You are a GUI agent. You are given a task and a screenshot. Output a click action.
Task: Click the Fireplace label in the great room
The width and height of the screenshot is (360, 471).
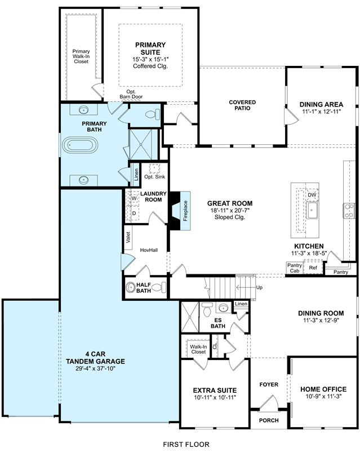tap(185, 211)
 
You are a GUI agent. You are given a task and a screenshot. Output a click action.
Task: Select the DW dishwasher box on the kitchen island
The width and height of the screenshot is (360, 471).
tap(312, 195)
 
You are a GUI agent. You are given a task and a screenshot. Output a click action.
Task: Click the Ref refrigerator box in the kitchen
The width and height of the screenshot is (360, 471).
tap(313, 268)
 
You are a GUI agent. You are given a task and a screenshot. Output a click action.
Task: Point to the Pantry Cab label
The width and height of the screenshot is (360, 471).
tap(295, 268)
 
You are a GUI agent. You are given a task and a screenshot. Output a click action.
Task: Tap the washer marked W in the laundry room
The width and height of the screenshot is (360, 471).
tap(134, 198)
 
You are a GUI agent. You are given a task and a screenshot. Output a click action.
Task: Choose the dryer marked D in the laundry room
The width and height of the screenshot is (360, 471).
tap(134, 214)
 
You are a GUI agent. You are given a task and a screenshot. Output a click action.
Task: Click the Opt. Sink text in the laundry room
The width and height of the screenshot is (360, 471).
tap(154, 177)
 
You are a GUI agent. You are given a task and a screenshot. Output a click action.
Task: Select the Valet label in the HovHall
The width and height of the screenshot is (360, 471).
tap(128, 237)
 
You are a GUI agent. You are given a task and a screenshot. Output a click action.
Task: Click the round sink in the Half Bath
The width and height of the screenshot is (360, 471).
tap(131, 287)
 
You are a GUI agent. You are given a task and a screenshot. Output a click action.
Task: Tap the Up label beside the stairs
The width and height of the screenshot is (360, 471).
tap(259, 287)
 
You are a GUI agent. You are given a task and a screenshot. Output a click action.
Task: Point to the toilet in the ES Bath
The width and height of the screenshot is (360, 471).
tap(207, 310)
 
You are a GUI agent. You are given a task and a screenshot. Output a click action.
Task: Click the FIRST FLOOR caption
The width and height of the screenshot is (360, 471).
tap(186, 445)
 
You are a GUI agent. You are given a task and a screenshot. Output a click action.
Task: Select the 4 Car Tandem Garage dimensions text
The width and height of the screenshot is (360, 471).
tap(95, 368)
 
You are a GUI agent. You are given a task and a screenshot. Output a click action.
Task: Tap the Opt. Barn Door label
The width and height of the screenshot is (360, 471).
tap(131, 94)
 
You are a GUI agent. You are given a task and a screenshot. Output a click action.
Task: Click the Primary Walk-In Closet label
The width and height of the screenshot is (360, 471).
tap(81, 56)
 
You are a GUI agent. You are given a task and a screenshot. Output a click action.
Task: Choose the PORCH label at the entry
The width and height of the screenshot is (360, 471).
tap(269, 420)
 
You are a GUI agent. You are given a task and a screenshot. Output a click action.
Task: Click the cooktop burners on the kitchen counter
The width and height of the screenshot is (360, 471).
tap(349, 211)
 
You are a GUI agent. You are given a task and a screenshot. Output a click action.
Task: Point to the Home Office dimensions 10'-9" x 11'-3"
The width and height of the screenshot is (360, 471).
tap(324, 397)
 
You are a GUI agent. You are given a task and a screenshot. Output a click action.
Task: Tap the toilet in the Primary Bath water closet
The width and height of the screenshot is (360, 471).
tap(153, 114)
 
